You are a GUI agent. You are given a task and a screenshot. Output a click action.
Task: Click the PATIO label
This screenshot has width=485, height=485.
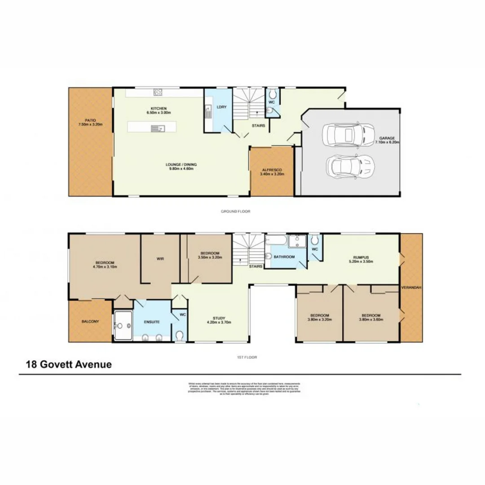coord(90,120)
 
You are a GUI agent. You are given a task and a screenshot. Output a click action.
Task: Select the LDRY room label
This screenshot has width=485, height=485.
coord(221,107)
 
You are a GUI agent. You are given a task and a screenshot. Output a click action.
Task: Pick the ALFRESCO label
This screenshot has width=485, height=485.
coord(272,170)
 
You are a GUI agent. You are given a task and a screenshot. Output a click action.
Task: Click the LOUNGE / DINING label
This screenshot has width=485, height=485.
coord(181,164)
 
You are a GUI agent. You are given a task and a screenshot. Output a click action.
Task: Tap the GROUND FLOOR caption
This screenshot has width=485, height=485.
coord(235,211)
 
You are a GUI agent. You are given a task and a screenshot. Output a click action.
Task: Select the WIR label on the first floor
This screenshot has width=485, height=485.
coord(160,259)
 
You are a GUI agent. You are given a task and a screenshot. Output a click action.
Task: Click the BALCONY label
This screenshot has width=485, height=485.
coord(90,322)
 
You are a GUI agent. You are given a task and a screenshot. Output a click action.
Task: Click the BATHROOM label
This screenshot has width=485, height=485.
coord(284,257)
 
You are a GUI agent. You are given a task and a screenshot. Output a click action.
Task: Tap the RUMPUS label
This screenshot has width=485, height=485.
coord(361,257)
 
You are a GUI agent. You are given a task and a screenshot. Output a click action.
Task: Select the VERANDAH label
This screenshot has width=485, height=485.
coord(411,288)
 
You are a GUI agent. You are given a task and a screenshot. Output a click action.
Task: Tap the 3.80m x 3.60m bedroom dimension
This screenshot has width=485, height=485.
coord(371,320)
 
